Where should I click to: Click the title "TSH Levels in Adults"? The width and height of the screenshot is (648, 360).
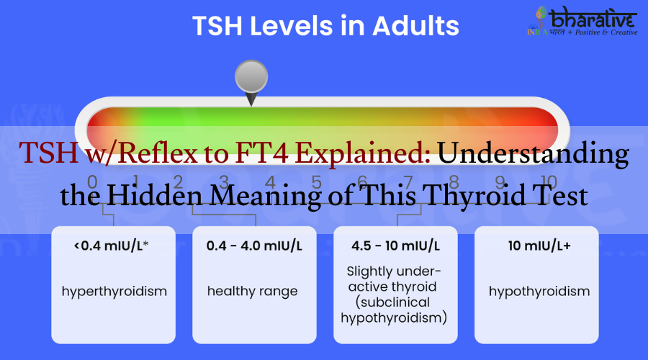click(x=325, y=27)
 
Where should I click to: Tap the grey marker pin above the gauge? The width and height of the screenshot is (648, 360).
click(x=251, y=78)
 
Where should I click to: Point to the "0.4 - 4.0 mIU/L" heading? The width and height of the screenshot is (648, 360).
click(x=254, y=246)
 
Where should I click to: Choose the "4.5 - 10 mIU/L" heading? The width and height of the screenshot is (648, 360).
click(x=395, y=246)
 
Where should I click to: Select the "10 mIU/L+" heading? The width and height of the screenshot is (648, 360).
click(x=536, y=246)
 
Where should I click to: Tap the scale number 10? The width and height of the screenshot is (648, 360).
click(x=549, y=182)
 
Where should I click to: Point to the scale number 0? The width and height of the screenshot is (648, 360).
click(x=92, y=182)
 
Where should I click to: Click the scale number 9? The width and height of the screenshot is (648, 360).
click(x=500, y=182)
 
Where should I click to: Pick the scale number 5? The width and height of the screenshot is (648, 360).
click(x=316, y=182)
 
